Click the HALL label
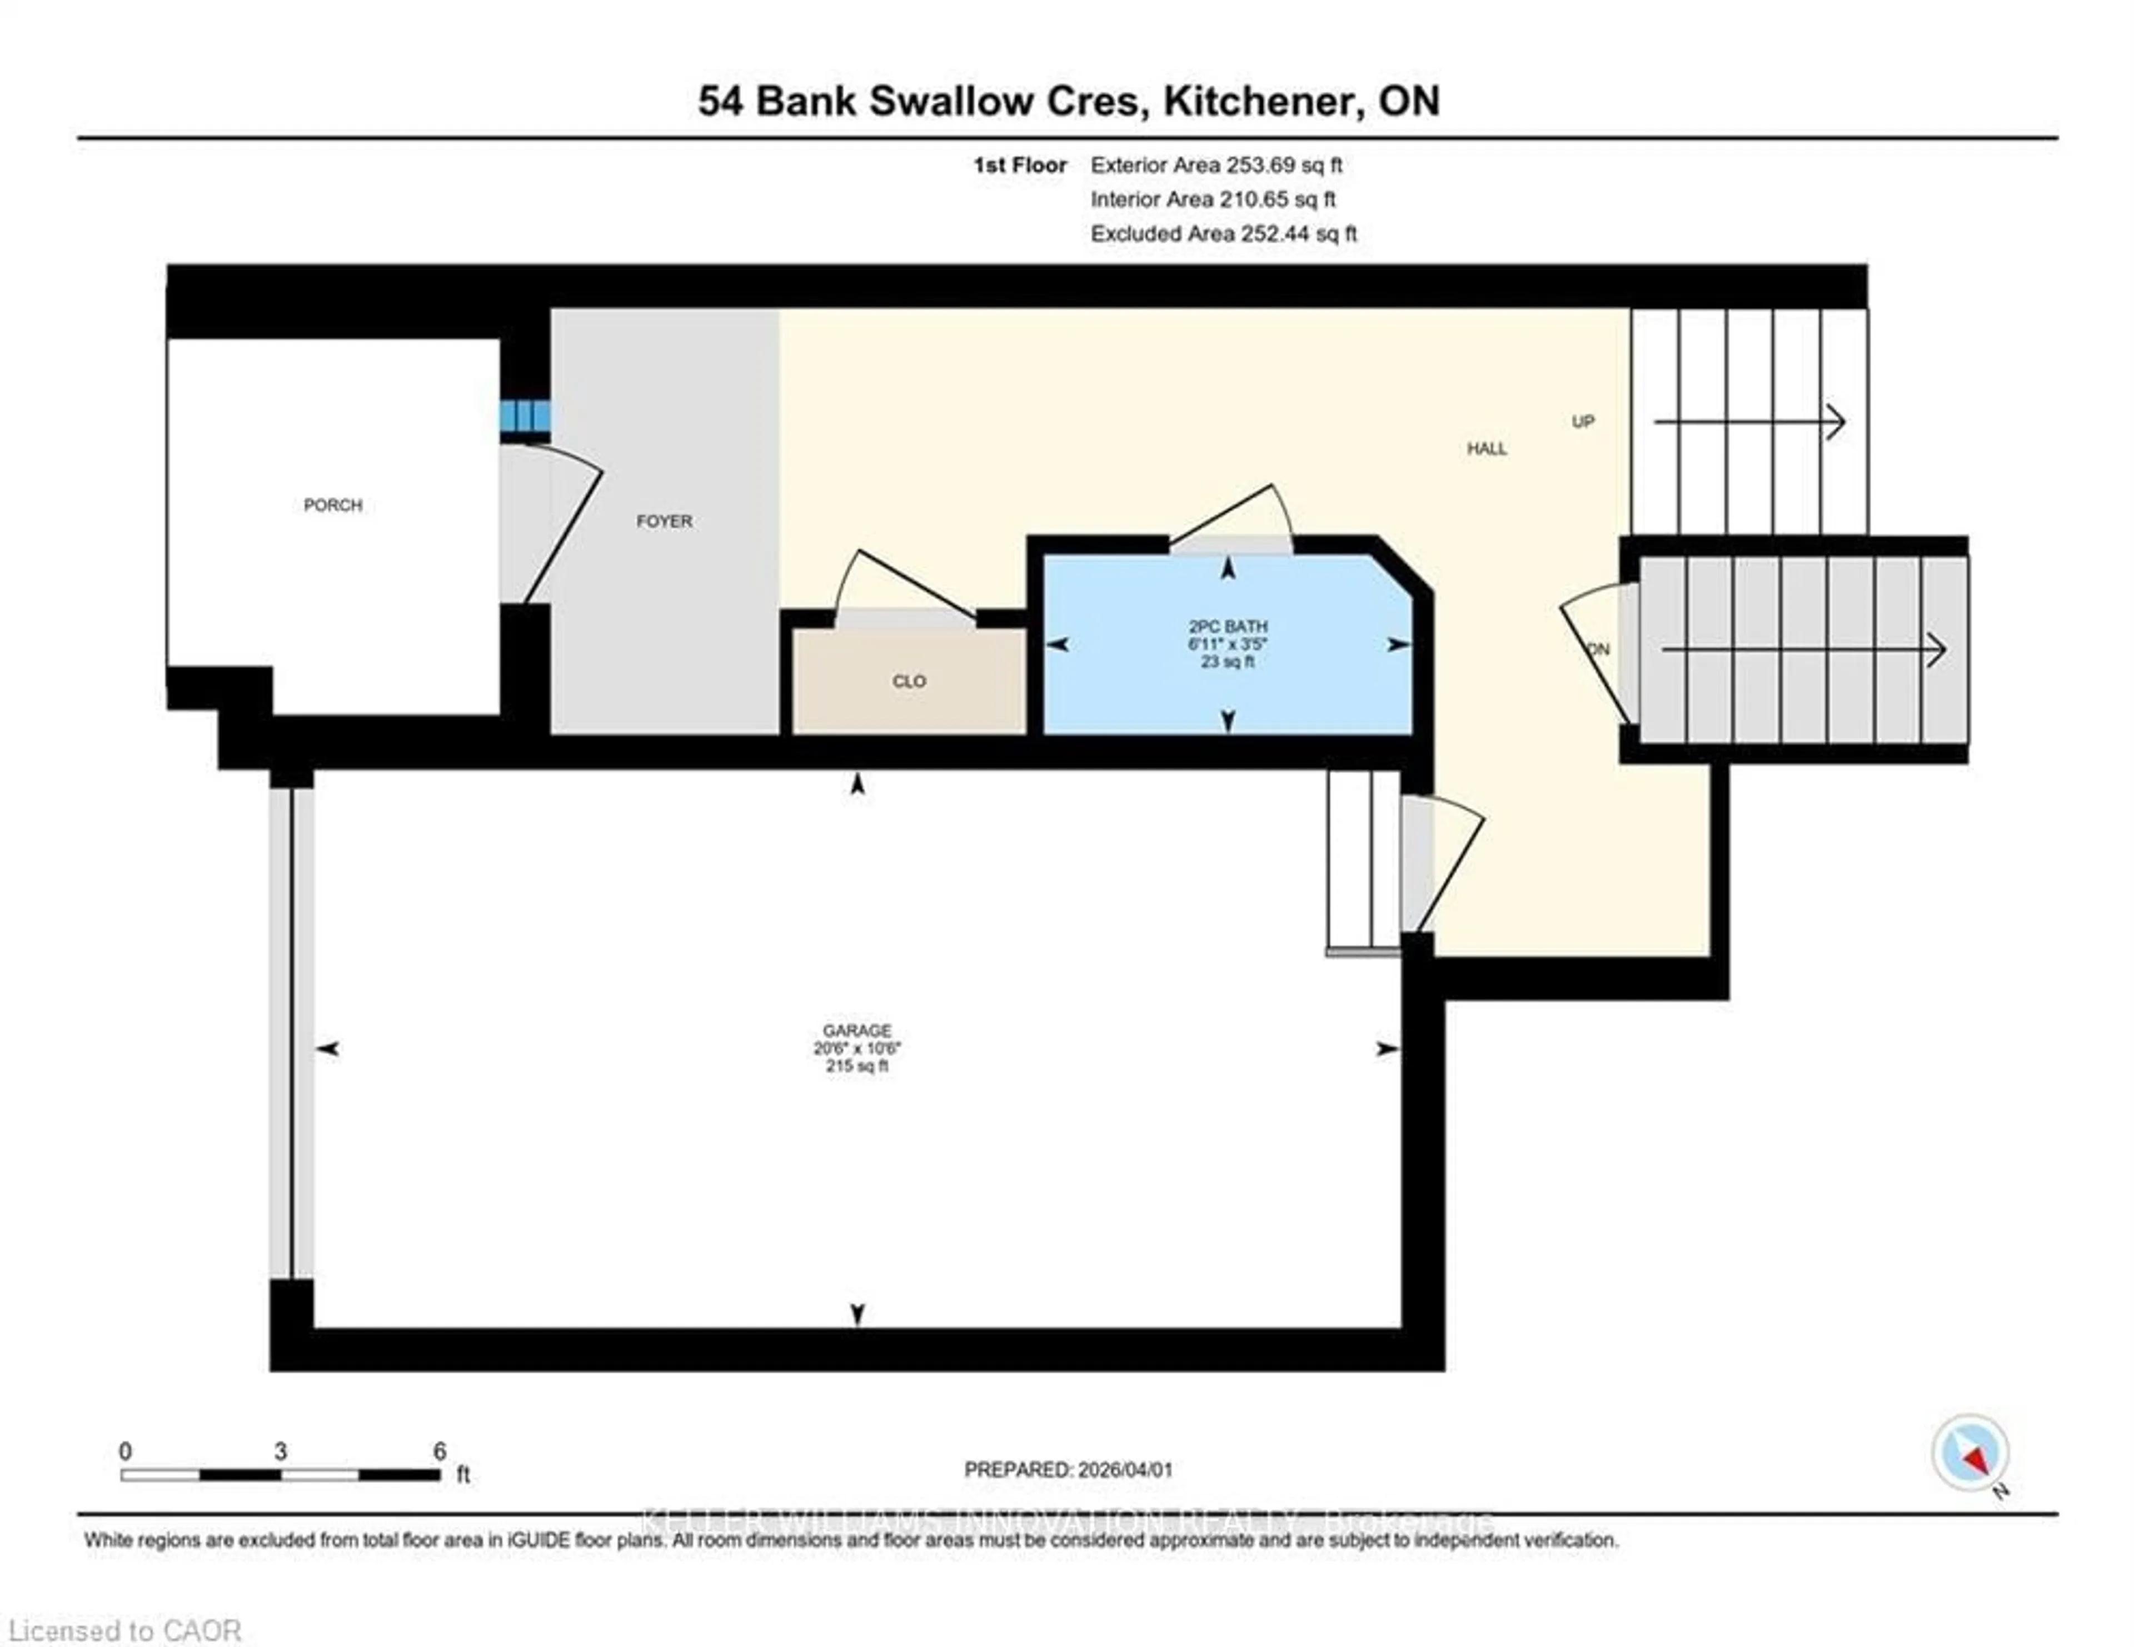click(1486, 448)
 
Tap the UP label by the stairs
click(1583, 422)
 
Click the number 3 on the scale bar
click(281, 1451)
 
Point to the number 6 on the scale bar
click(440, 1451)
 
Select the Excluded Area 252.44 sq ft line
click(1223, 233)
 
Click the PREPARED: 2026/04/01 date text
click(1068, 1469)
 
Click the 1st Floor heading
click(1019, 165)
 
